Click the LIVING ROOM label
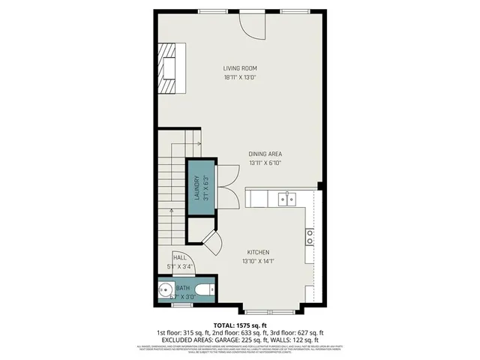[x=240, y=68]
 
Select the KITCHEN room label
[x=256, y=252]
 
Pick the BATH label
[x=183, y=287]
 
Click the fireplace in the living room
[x=171, y=68]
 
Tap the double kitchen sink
[x=285, y=199]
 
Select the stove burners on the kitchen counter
[x=309, y=238]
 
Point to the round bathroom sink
[x=165, y=289]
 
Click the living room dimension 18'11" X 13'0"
[x=240, y=77]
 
